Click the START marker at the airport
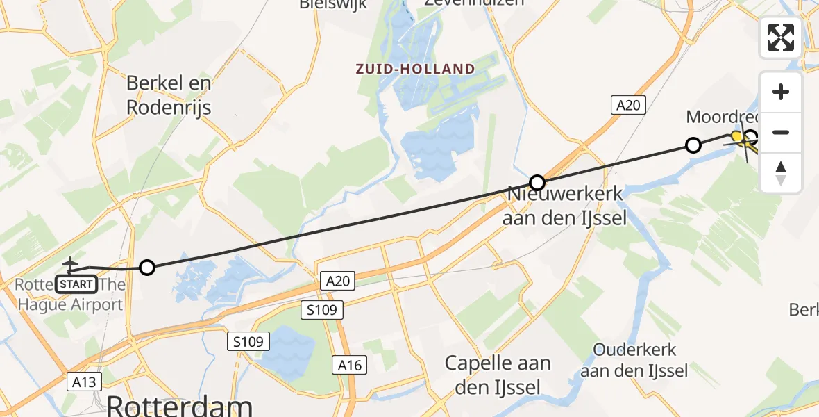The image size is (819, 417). point(76,284)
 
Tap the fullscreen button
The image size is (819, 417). point(781,38)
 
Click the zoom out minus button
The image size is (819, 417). point(781,132)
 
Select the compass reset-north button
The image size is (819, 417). point(781,172)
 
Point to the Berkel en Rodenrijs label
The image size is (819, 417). point(169,96)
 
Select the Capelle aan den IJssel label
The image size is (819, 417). point(498,375)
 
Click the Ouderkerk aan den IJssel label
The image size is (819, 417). point(634,360)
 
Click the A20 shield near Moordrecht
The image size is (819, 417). point(628,105)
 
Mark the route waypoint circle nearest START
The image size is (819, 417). point(147,267)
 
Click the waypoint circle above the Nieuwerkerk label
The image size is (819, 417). point(537,183)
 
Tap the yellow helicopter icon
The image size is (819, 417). point(740,137)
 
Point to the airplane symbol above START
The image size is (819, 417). point(70,264)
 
